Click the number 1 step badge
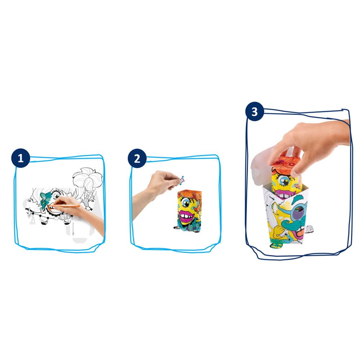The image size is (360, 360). click(21, 158)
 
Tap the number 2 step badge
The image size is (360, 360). click(137, 158)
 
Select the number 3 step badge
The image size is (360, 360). click(255, 112)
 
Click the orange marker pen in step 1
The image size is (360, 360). click(64, 206)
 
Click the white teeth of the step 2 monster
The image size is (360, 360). click(186, 216)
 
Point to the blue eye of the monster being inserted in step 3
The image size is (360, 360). click(282, 181)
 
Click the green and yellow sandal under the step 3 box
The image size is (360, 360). click(276, 246)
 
